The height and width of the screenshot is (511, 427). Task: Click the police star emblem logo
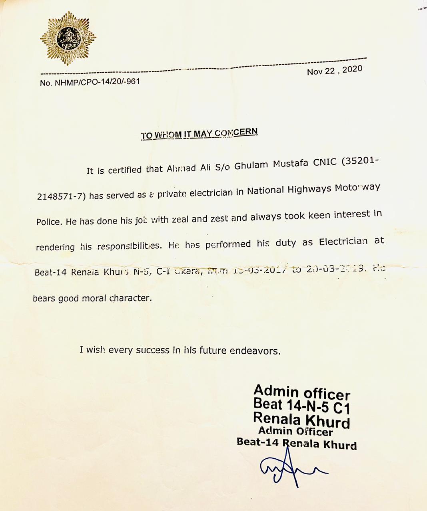68,38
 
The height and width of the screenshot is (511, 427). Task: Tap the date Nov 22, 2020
335,71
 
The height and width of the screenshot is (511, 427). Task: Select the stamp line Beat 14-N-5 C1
302,406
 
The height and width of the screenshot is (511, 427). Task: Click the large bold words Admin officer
302,392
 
